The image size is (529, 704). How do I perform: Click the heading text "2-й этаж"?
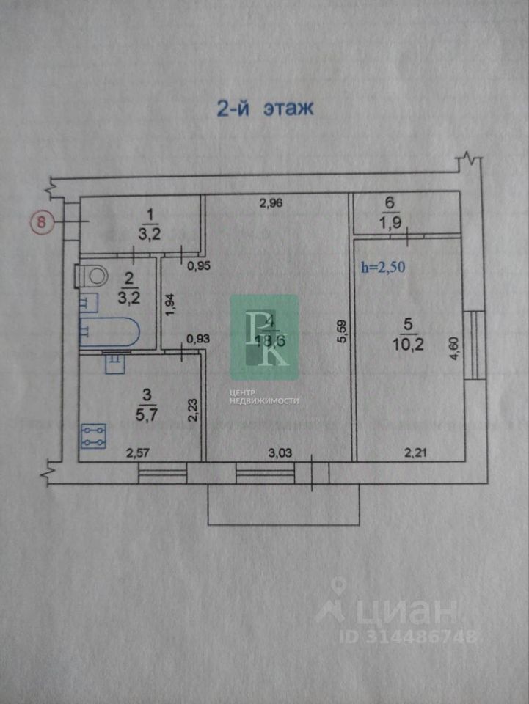265,109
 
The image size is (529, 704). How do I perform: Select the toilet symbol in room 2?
93,277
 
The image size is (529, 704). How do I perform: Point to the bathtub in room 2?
109,333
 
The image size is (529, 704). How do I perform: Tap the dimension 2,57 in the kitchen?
139,452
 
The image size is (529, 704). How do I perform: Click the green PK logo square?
265,337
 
